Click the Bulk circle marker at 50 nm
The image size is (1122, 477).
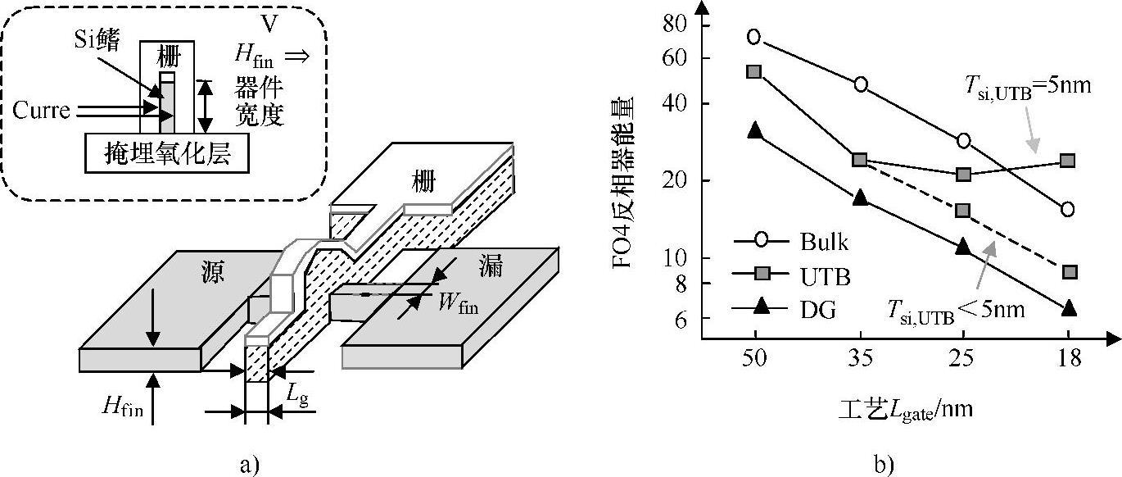tap(754, 37)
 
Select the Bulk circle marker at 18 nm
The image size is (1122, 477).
tap(1068, 210)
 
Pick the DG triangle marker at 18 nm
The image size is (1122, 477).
tap(1068, 308)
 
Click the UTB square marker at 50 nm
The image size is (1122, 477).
tap(754, 71)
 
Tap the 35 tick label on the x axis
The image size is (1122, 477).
tap(861, 359)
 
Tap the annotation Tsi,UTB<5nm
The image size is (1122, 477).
tap(957, 311)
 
